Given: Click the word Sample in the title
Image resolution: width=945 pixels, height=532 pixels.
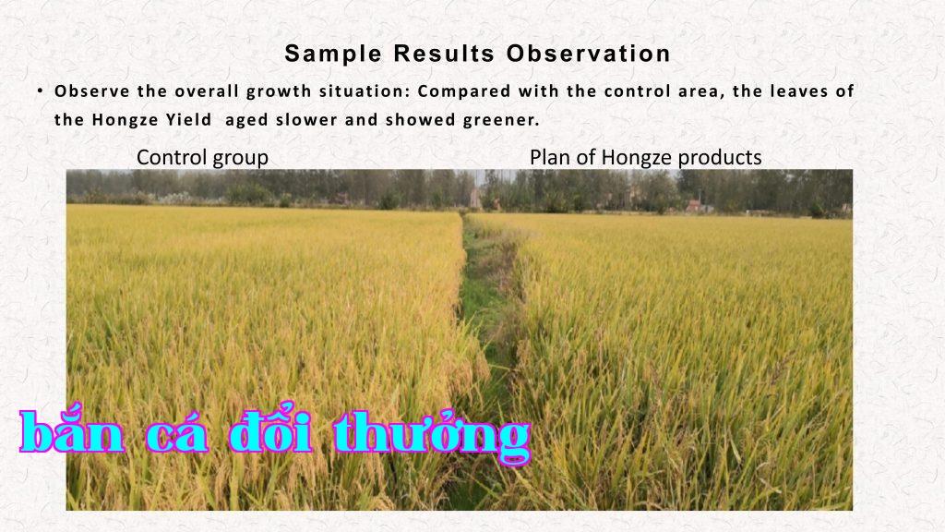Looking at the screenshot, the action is tap(332, 54).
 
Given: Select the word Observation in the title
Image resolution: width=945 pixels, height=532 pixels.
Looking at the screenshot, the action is tap(588, 54).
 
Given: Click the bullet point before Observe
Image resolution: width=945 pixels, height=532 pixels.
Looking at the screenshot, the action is tap(40, 91).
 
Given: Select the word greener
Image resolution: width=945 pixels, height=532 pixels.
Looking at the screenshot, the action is tap(501, 120).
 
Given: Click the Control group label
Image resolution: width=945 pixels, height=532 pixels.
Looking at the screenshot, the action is tap(202, 157).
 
